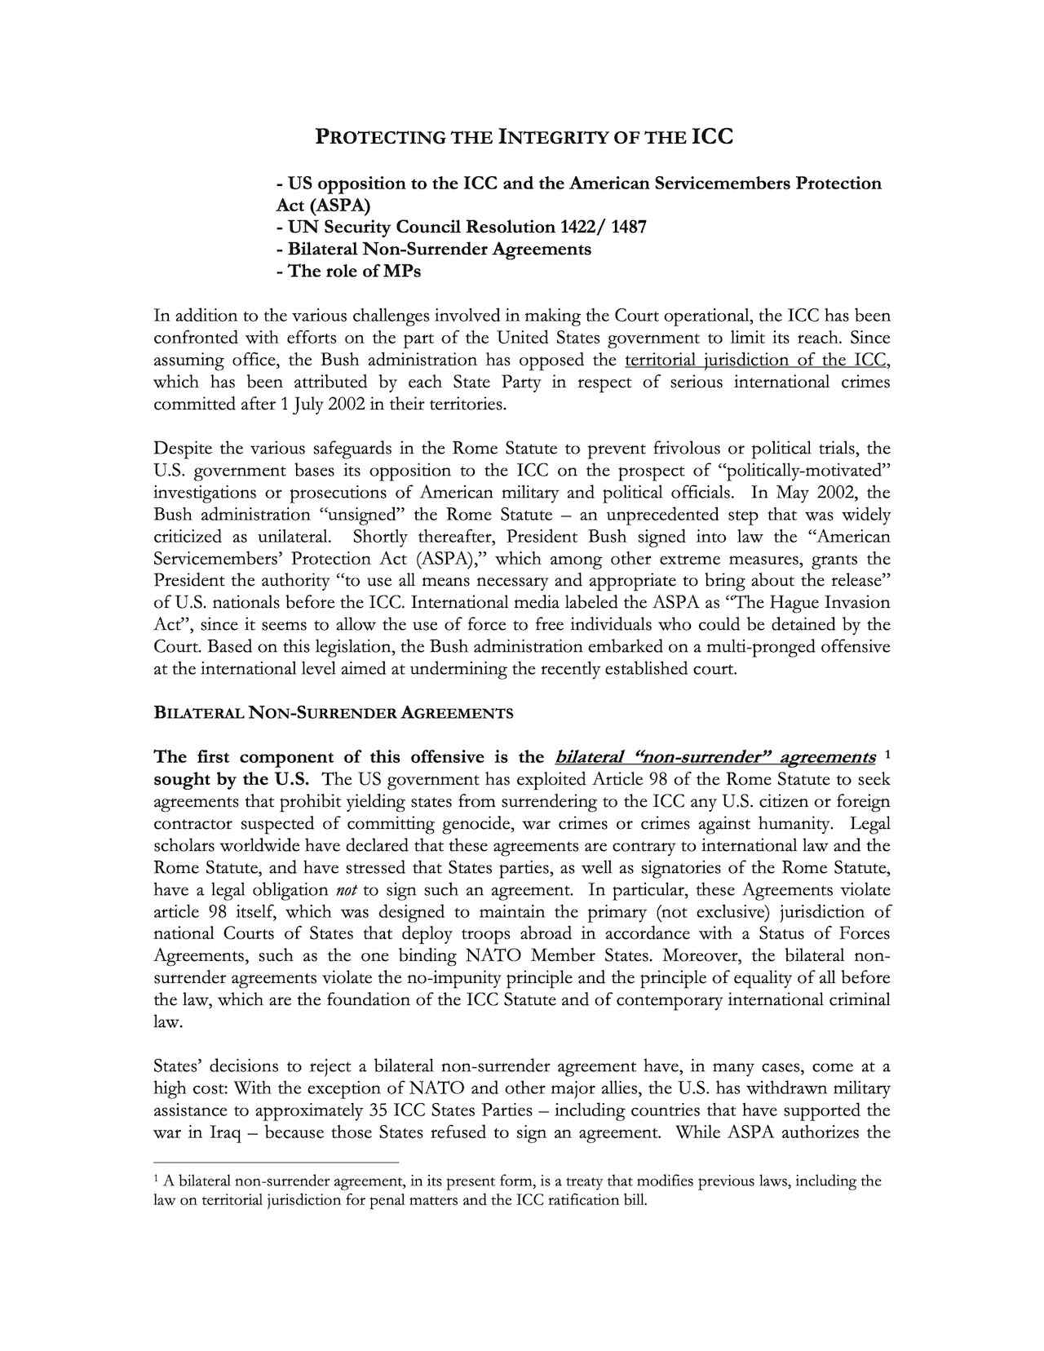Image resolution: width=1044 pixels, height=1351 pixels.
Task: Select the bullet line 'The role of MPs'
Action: pyautogui.click(x=349, y=271)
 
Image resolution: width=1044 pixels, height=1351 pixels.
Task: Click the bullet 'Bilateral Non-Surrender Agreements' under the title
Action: pyautogui.click(x=434, y=249)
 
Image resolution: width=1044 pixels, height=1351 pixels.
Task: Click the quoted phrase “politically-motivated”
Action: pyautogui.click(x=803, y=471)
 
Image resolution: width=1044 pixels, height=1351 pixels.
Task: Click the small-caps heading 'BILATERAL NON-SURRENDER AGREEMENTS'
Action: pyautogui.click(x=334, y=713)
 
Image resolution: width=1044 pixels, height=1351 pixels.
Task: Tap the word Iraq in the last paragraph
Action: pyautogui.click(x=225, y=1132)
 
